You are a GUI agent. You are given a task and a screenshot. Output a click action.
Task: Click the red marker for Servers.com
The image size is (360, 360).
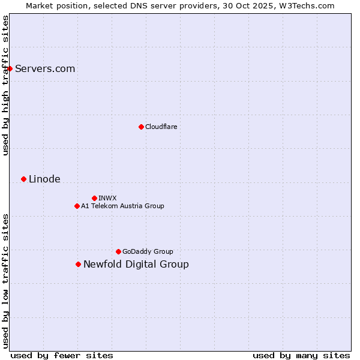(10, 68)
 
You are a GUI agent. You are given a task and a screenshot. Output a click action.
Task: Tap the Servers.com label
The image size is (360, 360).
(45, 68)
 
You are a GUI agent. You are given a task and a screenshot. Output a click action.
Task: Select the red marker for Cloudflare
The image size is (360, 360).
(141, 127)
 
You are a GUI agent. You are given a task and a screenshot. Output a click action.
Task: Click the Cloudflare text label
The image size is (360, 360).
(161, 127)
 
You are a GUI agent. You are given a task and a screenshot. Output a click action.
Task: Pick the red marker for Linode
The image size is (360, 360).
(23, 179)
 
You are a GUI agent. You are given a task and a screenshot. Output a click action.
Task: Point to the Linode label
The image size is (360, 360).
(44, 179)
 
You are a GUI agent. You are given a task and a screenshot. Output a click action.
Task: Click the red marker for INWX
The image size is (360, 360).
(94, 198)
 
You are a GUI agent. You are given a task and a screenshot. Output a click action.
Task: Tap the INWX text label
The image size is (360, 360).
(107, 198)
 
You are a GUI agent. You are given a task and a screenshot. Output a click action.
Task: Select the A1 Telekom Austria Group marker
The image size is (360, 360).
(77, 206)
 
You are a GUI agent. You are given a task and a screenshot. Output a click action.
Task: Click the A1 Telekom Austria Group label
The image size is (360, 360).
(122, 206)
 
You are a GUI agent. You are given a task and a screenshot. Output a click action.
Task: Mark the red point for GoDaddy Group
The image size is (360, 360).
(118, 251)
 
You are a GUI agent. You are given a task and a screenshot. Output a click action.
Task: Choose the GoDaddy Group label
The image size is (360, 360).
(148, 251)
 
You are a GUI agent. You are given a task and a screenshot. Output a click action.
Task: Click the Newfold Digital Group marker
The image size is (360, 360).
(78, 264)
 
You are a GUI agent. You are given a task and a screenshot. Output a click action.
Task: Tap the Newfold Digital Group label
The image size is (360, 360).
(136, 264)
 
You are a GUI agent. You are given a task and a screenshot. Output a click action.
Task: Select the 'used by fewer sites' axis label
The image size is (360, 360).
(62, 355)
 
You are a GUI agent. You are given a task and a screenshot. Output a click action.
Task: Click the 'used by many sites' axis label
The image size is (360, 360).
(301, 355)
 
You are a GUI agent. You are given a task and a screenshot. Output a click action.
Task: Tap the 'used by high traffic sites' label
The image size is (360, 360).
(5, 85)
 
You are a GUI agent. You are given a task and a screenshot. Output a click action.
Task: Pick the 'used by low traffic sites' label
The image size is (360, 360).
(5, 280)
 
